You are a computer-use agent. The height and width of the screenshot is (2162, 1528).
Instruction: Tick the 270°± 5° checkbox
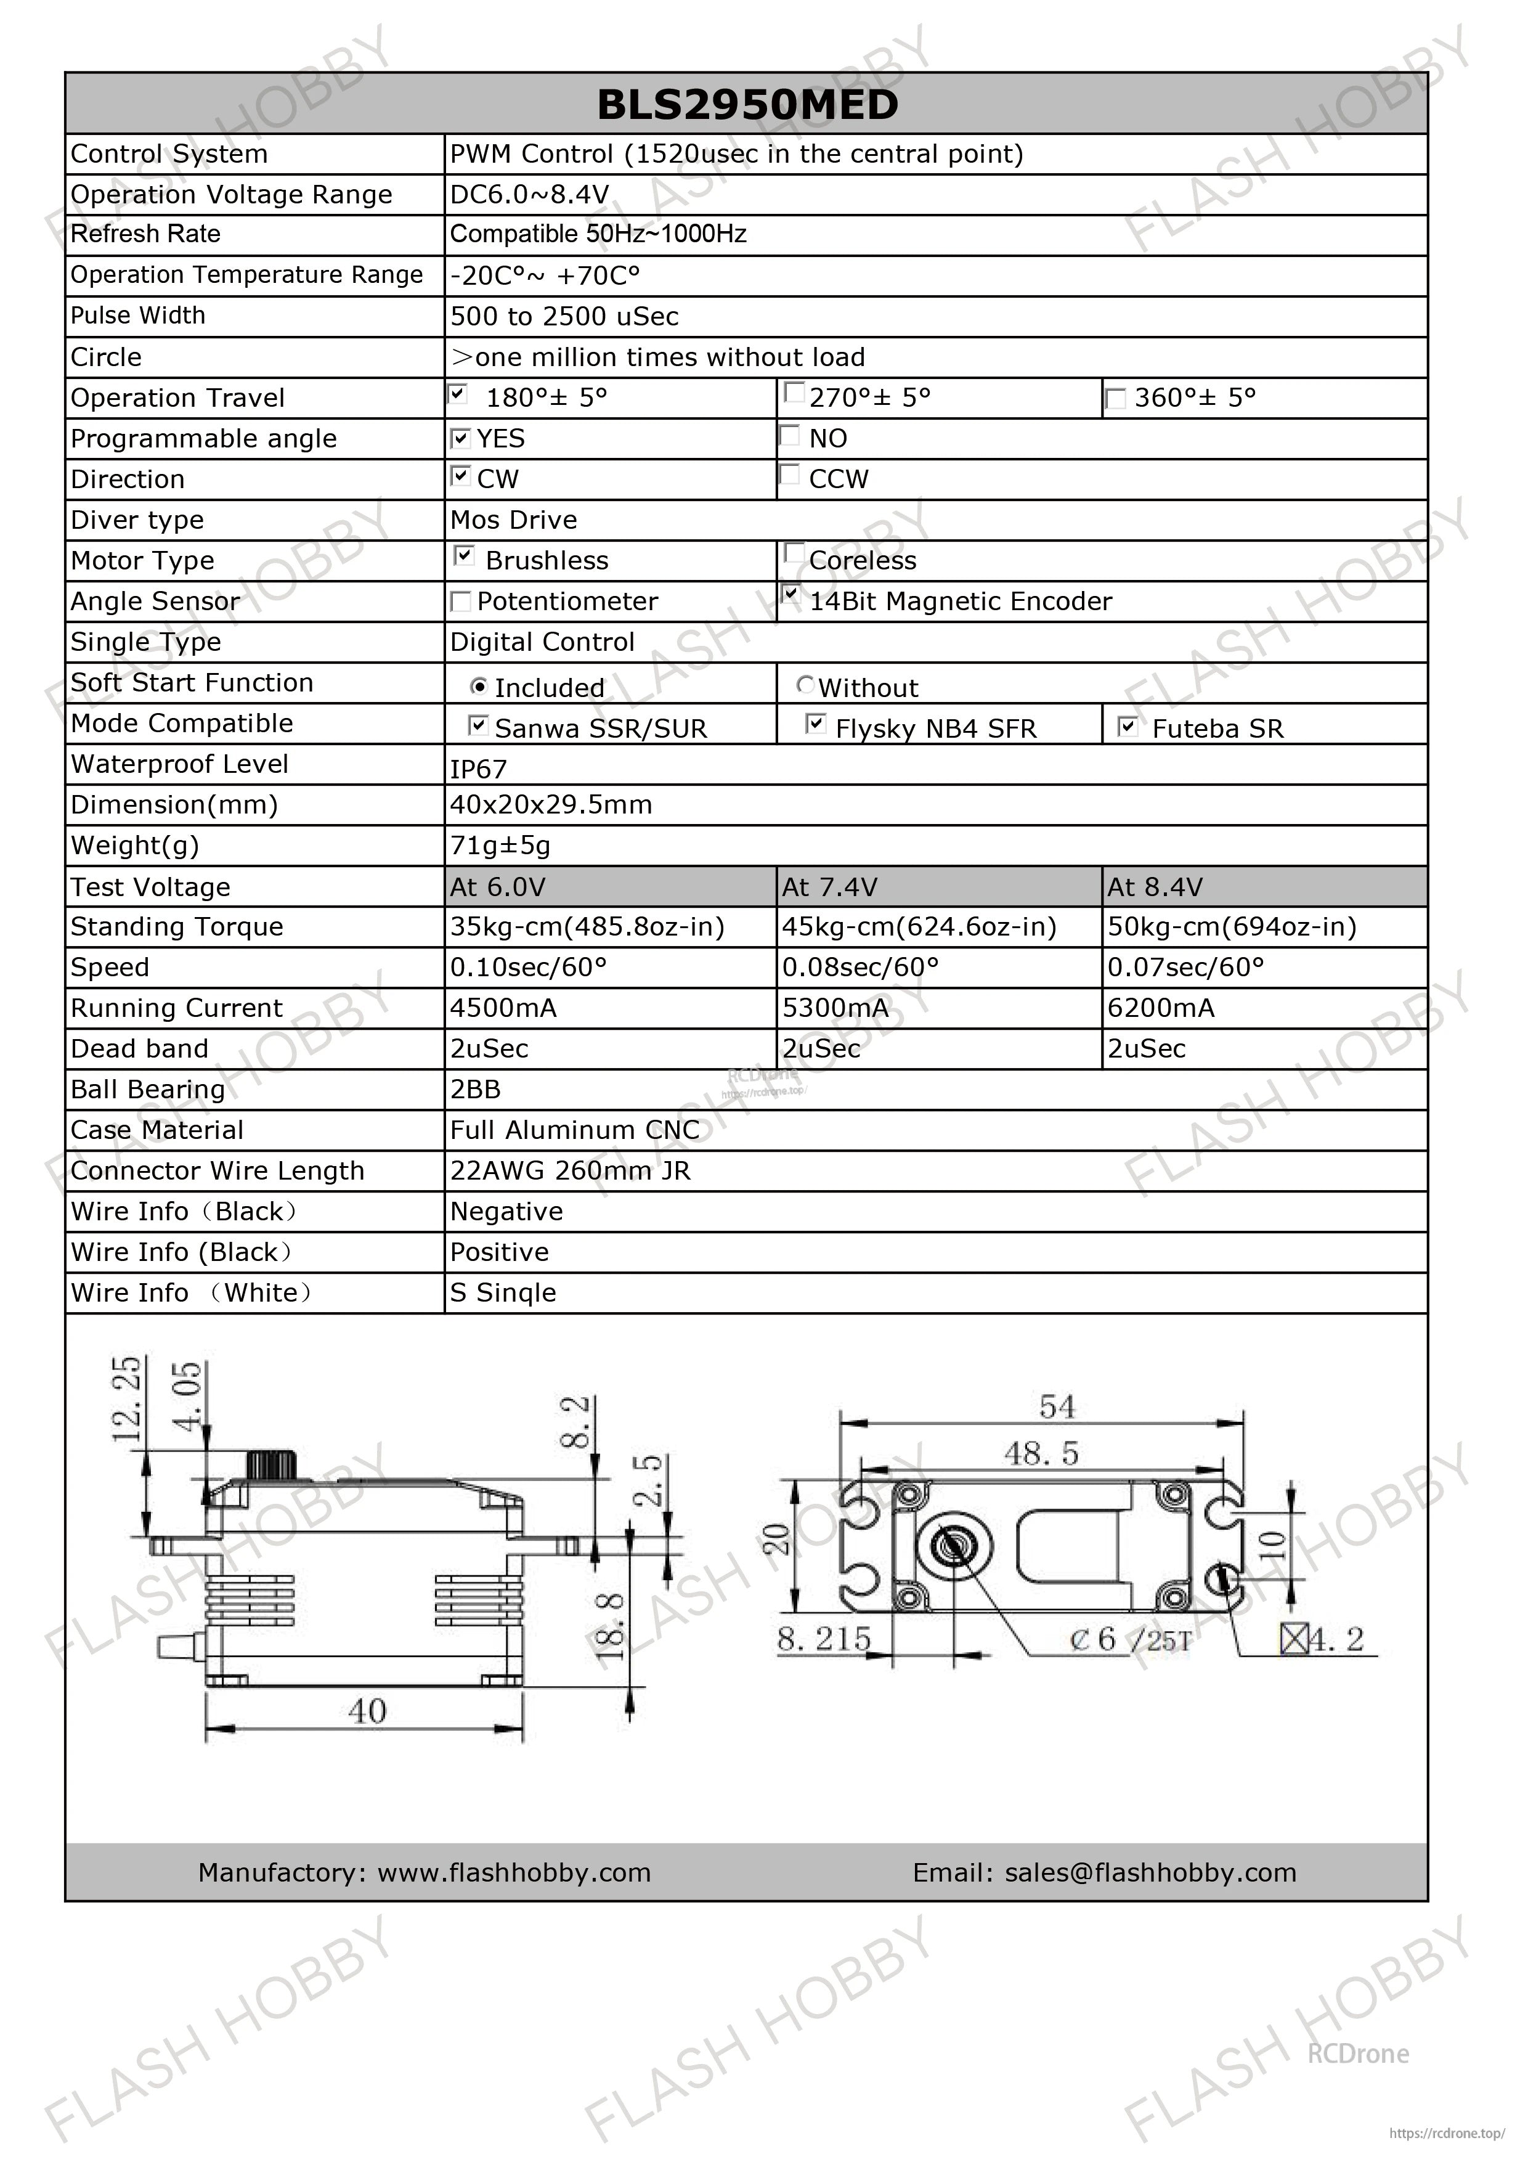click(x=794, y=392)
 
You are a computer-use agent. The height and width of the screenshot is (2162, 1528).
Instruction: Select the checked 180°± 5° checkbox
click(x=458, y=394)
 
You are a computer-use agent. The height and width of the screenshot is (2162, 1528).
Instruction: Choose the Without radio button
click(x=805, y=685)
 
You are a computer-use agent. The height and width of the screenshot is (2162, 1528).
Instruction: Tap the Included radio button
click(x=478, y=687)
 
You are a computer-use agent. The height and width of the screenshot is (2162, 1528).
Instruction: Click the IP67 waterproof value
click(x=478, y=769)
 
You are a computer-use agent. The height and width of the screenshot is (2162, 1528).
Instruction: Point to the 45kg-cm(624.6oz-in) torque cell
click(x=919, y=926)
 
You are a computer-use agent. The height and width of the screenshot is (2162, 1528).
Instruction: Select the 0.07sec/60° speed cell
click(x=1185, y=967)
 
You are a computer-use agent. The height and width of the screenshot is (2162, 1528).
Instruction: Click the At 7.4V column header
click(x=829, y=887)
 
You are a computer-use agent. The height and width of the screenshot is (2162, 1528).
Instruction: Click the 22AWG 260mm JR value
click(x=571, y=1170)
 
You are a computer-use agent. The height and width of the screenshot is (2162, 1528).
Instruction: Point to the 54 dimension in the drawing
click(x=1056, y=1408)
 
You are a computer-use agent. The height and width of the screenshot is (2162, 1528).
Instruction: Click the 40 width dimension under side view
click(x=367, y=1711)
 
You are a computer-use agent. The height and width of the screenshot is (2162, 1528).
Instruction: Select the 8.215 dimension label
click(x=824, y=1639)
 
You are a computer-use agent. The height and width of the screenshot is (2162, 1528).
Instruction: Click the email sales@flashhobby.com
click(x=1150, y=1872)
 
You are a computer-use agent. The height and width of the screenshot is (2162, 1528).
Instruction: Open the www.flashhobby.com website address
click(x=514, y=1872)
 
